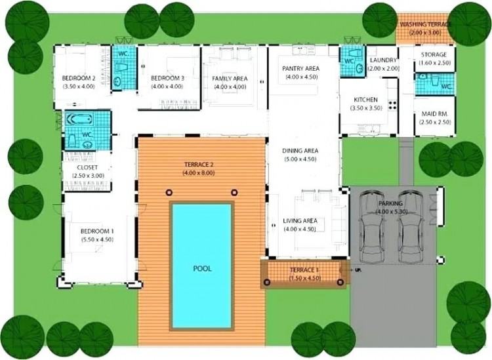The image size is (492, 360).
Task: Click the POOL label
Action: (x=203, y=269)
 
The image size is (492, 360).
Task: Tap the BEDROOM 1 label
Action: (x=97, y=231)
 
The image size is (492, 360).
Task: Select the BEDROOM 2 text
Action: (x=79, y=78)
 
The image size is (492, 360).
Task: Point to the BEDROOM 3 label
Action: (x=167, y=78)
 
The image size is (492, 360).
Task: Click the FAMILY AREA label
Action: (x=230, y=79)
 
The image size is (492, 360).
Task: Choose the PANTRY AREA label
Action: (x=300, y=68)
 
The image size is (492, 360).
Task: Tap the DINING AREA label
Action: (x=300, y=151)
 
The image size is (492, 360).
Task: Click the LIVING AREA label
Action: (x=300, y=221)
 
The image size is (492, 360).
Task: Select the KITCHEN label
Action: (x=365, y=100)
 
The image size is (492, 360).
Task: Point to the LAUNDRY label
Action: (x=384, y=60)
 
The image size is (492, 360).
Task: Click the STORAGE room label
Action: (x=434, y=54)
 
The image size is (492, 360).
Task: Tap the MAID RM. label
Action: (x=434, y=114)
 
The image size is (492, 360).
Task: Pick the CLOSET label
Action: (x=87, y=168)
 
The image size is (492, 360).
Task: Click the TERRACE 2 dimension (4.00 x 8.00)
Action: (x=199, y=173)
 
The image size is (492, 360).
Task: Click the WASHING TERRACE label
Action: (x=426, y=24)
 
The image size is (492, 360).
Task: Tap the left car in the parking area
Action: (x=372, y=226)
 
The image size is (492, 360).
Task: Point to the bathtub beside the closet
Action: (x=79, y=119)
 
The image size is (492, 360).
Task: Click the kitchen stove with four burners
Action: (x=392, y=105)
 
